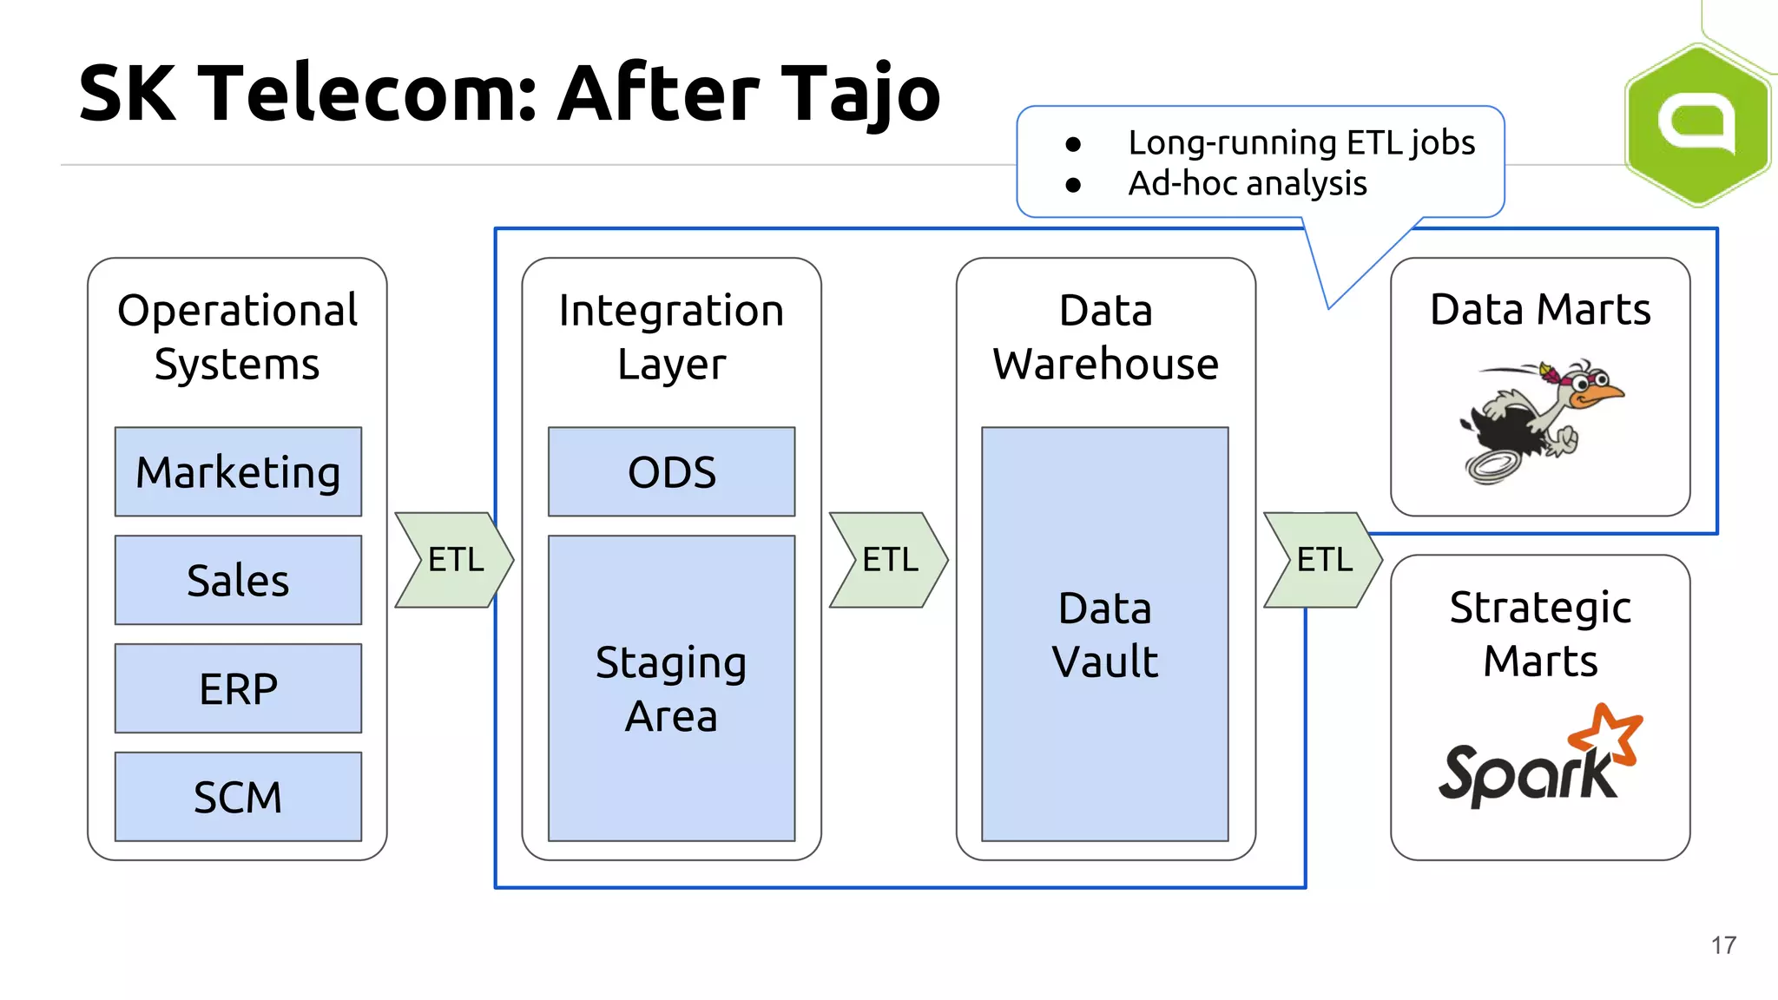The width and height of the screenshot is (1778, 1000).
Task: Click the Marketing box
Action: click(238, 472)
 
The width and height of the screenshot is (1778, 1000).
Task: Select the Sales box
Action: click(238, 580)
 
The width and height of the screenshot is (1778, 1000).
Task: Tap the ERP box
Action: click(238, 688)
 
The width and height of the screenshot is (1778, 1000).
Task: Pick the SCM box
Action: click(238, 797)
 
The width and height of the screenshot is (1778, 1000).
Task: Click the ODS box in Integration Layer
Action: click(671, 472)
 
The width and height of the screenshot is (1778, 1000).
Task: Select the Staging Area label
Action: click(671, 688)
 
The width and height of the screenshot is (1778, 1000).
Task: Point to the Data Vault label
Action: click(1104, 635)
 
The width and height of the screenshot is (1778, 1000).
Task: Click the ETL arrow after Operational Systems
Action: click(454, 560)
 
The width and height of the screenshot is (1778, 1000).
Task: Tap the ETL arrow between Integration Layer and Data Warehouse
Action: click(888, 560)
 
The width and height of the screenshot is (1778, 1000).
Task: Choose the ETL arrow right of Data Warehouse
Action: click(1322, 560)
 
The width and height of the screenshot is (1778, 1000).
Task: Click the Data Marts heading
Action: click(1540, 310)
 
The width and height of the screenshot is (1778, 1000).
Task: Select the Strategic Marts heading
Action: click(1540, 634)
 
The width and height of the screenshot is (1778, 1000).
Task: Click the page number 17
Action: click(1723, 945)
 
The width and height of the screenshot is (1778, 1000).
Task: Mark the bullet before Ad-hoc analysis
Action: click(1073, 185)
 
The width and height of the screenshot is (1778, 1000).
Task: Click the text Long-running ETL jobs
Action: click(1301, 142)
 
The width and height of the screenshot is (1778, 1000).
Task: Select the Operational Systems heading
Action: click(237, 337)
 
